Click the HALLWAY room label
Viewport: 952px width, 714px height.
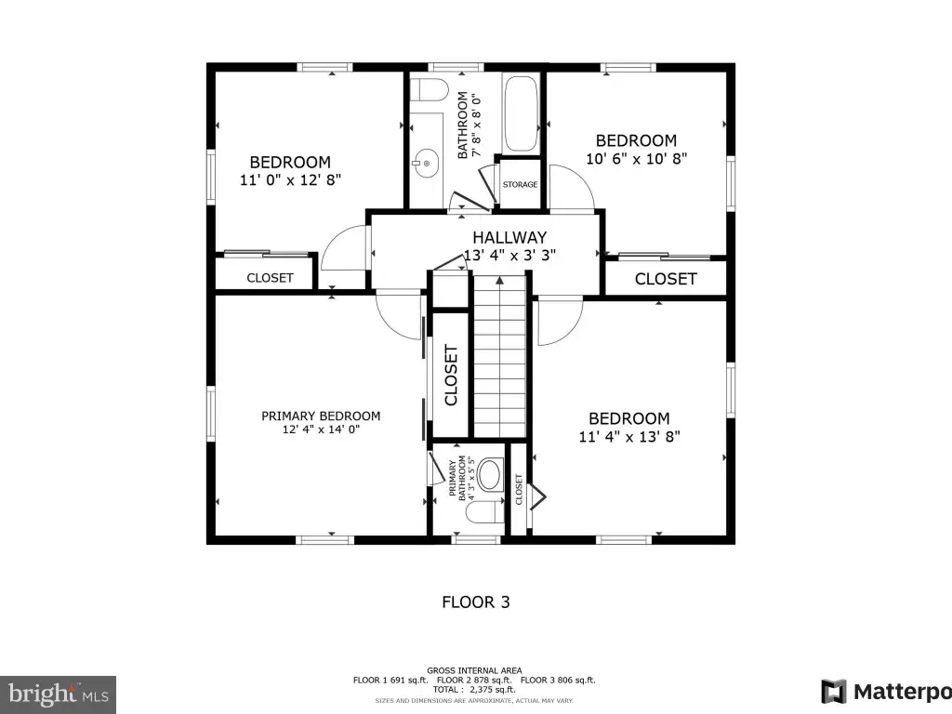tap(509, 237)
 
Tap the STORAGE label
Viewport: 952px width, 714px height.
tap(520, 185)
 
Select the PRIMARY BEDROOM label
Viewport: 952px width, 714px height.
tap(321, 416)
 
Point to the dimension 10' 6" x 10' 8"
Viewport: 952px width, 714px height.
tap(636, 158)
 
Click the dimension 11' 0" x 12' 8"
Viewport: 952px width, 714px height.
tap(290, 179)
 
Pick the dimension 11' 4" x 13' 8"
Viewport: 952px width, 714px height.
tap(629, 437)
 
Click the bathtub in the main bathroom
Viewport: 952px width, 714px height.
tap(521, 113)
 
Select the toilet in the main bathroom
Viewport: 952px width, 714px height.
tap(429, 90)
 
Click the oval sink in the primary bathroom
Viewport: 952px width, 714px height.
tap(490, 475)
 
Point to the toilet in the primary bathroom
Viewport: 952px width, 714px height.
tap(484, 512)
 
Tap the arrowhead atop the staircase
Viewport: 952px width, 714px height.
tap(499, 281)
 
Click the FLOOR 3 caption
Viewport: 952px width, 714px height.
tap(476, 602)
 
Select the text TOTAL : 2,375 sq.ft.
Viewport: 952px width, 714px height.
tap(474, 689)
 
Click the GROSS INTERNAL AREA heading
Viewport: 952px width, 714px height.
tap(474, 670)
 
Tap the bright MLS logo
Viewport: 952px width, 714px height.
tap(58, 694)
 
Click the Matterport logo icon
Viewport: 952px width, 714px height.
tap(834, 692)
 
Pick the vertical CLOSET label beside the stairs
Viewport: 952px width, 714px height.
tap(451, 376)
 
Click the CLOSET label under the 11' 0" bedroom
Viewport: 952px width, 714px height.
tap(271, 277)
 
